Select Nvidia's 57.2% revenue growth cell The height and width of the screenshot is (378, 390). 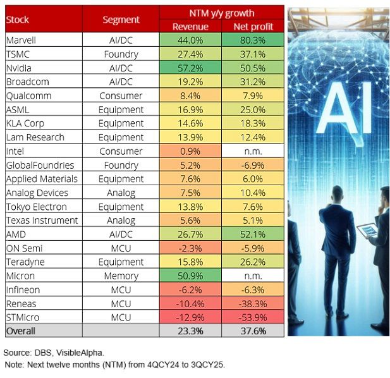click(190, 68)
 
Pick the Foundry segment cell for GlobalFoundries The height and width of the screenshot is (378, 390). click(121, 165)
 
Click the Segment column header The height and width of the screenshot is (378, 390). click(121, 19)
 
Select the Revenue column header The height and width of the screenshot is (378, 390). click(190, 26)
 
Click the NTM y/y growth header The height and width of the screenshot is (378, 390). click(221, 13)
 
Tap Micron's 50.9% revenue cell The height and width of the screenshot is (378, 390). click(190, 276)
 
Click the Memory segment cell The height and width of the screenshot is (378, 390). click(121, 276)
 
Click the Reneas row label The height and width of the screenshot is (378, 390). click(20, 303)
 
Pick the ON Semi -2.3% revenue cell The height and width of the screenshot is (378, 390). click(190, 248)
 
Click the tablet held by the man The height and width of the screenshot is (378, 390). click(369, 230)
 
